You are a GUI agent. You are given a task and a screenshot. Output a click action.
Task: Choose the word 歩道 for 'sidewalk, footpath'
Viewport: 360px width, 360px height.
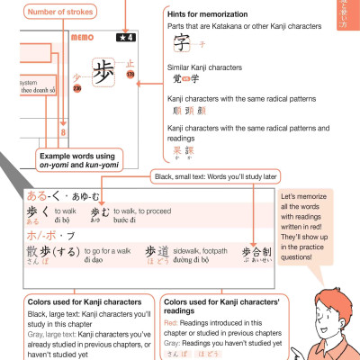[x=157, y=254]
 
